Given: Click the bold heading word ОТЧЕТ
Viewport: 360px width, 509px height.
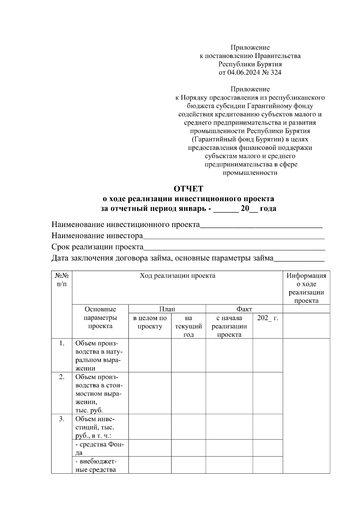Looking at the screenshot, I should [188, 189].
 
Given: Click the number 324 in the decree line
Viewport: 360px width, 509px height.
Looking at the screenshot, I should [276, 72].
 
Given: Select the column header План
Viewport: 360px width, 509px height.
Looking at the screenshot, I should [167, 309].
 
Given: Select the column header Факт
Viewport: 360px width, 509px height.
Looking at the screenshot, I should [244, 309].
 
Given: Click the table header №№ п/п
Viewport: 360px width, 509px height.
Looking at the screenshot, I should [62, 280].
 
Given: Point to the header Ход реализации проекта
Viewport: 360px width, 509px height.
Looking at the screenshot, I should [177, 276].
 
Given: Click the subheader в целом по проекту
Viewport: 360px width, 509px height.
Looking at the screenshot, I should [150, 322].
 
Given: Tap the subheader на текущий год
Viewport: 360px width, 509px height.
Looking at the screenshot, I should [188, 326].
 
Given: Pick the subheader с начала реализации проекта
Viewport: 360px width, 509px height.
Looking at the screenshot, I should [229, 326].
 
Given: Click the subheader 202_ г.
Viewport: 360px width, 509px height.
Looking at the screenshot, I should [268, 318].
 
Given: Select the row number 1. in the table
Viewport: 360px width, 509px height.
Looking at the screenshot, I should [61, 344].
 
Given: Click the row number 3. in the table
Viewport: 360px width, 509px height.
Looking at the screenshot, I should [61, 419].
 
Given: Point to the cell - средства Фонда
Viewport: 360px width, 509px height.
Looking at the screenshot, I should [100, 448].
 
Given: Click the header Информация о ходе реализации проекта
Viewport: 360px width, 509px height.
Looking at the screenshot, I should [306, 288].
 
